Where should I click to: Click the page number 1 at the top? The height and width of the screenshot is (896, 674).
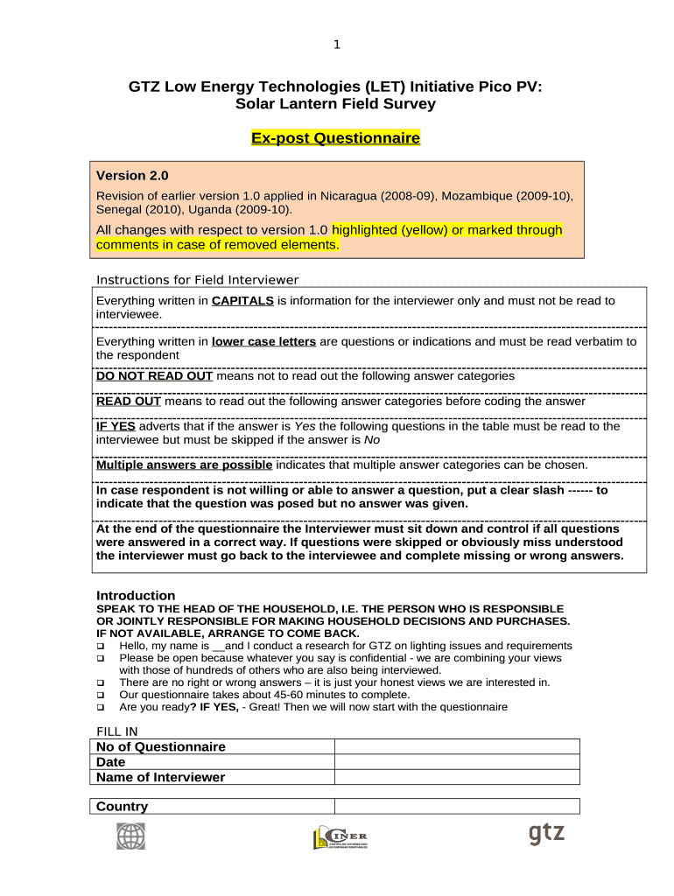(x=337, y=45)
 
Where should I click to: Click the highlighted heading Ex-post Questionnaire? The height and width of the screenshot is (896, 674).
(x=336, y=138)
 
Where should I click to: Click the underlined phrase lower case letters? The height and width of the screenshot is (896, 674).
(x=263, y=341)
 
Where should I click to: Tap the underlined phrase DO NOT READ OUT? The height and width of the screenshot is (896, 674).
(x=154, y=375)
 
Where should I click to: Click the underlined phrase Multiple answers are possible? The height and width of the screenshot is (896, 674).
(x=184, y=465)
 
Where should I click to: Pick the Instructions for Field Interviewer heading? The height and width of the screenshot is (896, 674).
(x=197, y=280)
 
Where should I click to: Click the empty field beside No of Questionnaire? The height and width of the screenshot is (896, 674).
(x=457, y=746)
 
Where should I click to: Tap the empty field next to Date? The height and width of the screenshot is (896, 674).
(x=457, y=762)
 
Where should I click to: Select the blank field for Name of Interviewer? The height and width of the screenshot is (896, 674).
(x=457, y=777)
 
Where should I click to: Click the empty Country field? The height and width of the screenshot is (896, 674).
(x=457, y=806)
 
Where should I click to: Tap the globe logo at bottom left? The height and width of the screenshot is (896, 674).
(x=131, y=836)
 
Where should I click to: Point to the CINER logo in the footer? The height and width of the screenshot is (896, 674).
(x=341, y=836)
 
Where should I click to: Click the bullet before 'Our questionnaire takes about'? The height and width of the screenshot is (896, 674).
(x=101, y=695)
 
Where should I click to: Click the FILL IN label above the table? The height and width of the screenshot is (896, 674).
(x=116, y=731)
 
